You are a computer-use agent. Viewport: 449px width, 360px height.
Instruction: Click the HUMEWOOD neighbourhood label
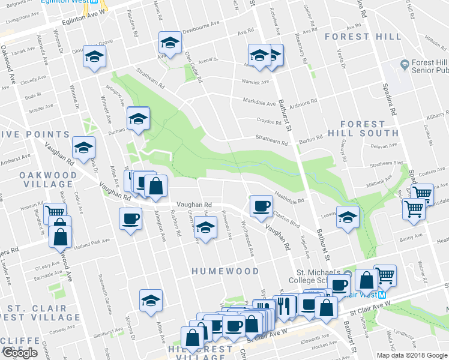[225, 271]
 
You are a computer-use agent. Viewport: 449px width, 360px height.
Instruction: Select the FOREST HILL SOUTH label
[363, 128]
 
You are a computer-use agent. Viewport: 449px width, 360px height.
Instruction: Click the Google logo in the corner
[20, 353]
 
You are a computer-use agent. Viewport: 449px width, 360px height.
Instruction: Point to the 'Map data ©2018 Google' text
[412, 355]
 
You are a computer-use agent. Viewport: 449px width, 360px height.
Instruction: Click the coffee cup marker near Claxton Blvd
[261, 206]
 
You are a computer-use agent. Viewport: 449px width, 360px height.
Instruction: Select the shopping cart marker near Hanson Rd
[55, 212]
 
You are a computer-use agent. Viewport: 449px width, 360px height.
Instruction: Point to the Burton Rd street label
[311, 137]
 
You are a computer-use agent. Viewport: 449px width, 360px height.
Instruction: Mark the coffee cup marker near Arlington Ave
[130, 218]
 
